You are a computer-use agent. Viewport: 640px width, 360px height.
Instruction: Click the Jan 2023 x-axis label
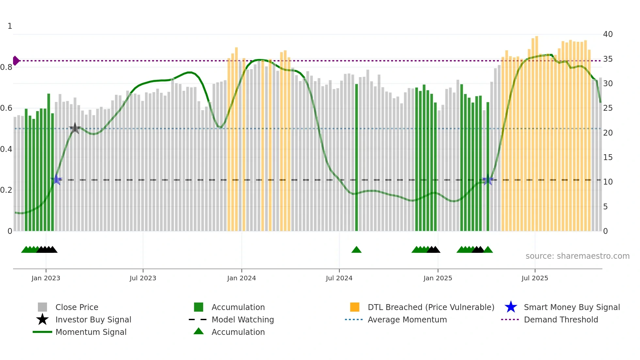[x=46, y=278]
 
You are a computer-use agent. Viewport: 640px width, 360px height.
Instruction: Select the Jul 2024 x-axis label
[x=339, y=278]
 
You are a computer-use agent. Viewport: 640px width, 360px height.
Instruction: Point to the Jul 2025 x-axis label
[x=535, y=278]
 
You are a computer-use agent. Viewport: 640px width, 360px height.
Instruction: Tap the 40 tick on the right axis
[x=608, y=34]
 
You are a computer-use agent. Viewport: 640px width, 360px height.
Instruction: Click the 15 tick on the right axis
[x=608, y=157]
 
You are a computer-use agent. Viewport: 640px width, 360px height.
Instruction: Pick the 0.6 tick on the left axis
[x=6, y=108]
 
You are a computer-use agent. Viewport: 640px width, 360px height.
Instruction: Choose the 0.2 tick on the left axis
[x=6, y=190]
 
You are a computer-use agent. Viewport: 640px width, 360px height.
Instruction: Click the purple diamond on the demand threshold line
[x=16, y=61]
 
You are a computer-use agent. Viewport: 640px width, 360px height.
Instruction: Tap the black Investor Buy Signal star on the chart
[x=75, y=128]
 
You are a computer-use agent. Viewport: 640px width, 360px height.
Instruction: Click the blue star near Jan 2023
[x=56, y=179]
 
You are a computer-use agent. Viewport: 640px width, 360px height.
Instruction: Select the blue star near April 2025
[x=488, y=180]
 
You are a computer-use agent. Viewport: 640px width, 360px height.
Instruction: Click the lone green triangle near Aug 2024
[x=356, y=250]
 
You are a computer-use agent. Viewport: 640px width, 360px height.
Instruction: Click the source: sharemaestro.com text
[x=577, y=256]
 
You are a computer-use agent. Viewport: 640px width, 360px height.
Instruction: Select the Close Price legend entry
[x=76, y=307]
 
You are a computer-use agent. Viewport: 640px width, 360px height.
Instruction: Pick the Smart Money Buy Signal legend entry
[x=571, y=307]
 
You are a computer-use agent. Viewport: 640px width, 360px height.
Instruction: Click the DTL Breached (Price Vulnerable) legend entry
[x=431, y=307]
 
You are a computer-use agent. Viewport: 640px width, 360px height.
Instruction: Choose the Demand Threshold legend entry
[x=561, y=319]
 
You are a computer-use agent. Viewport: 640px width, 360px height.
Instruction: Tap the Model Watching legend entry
[x=242, y=319]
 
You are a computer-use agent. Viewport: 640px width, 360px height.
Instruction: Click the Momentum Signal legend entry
[x=91, y=332]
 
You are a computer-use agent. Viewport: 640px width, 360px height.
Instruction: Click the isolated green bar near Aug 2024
[x=357, y=157]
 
